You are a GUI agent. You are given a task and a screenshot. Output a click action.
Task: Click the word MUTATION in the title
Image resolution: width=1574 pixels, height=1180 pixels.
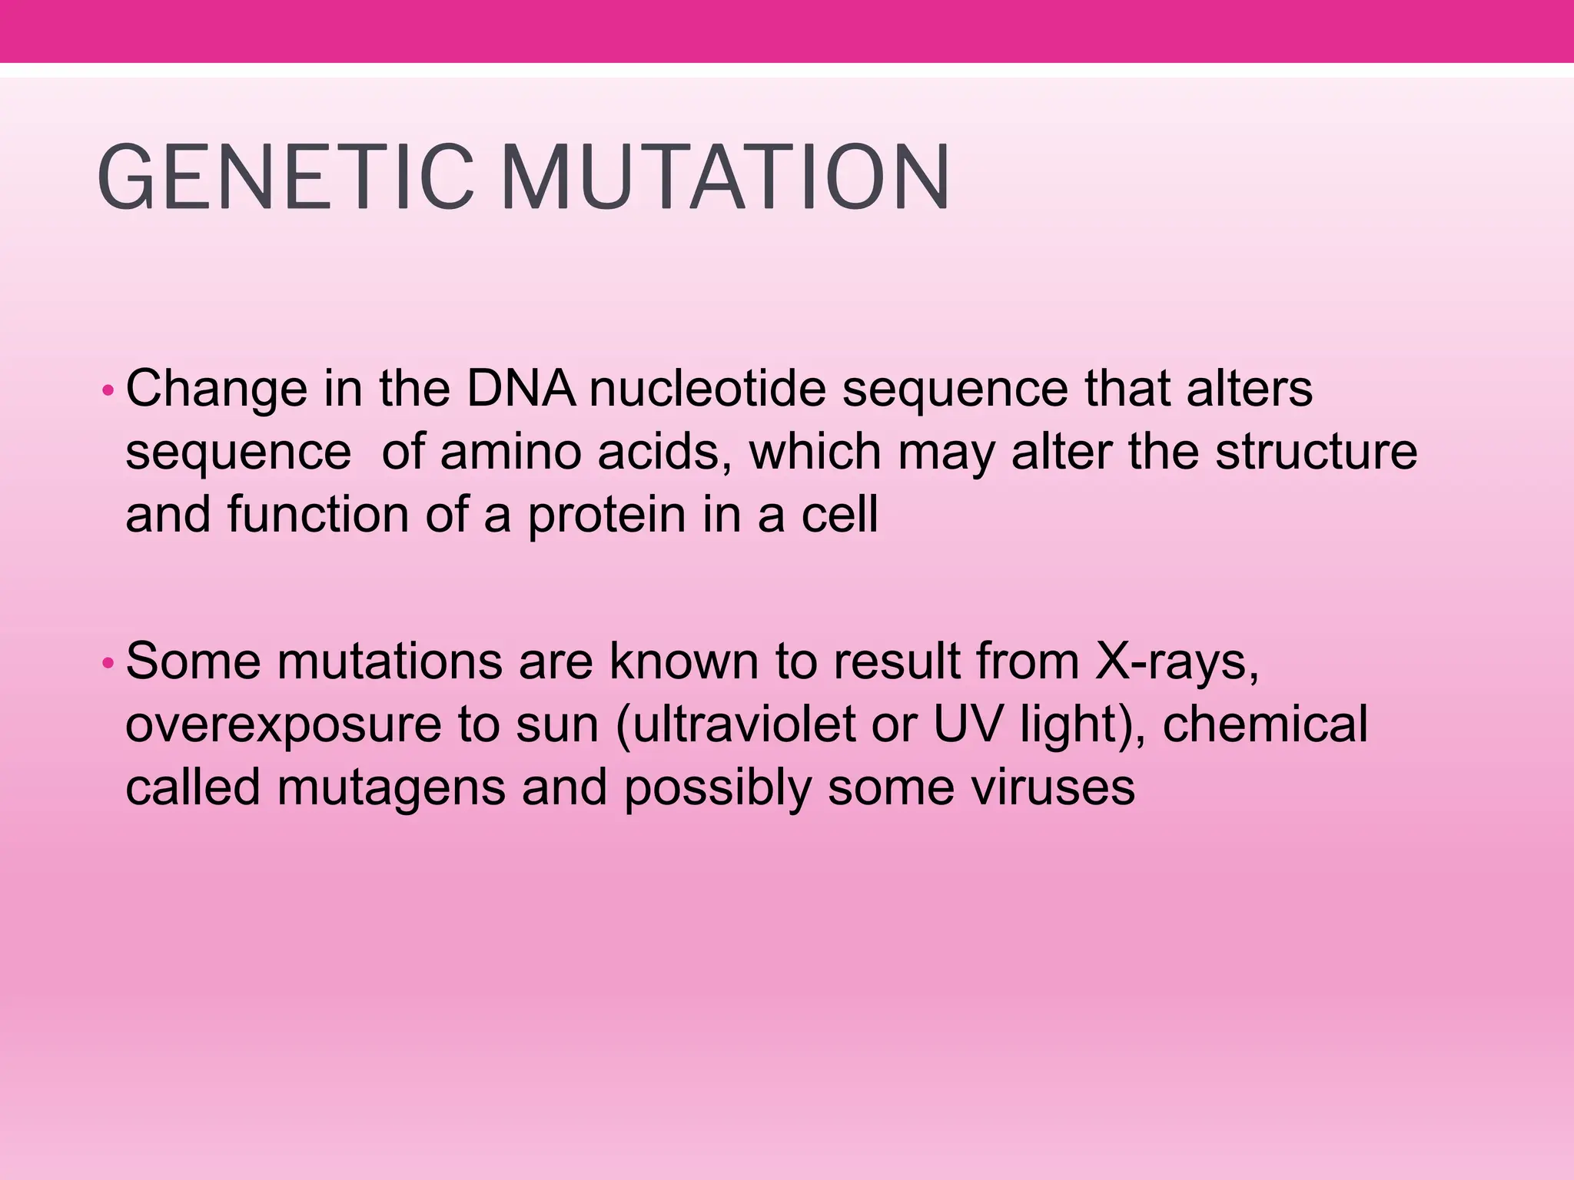click(x=726, y=178)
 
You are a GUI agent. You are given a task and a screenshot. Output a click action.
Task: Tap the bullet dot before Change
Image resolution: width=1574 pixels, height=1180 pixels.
click(x=108, y=392)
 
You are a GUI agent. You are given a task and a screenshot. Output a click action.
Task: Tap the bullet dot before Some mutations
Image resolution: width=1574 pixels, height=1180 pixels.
click(x=108, y=662)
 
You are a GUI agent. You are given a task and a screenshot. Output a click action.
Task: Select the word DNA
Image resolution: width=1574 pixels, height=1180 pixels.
click(x=521, y=389)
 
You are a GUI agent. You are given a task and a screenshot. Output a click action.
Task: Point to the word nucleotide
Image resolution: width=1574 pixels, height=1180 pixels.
click(x=707, y=389)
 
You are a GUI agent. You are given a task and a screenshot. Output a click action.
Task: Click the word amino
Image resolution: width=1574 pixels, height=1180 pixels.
click(x=510, y=452)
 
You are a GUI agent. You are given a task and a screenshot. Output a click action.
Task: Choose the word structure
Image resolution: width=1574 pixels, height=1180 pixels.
click(x=1316, y=452)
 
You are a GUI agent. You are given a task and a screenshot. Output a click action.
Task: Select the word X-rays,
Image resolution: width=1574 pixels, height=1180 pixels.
click(x=1177, y=662)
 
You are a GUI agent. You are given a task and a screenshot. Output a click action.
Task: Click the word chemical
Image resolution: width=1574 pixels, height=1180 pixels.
click(x=1265, y=724)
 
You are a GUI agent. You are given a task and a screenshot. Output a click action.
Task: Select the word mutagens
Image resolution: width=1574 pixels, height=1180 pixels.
click(x=390, y=790)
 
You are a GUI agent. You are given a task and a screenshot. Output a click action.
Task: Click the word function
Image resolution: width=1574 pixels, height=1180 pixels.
click(x=317, y=515)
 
